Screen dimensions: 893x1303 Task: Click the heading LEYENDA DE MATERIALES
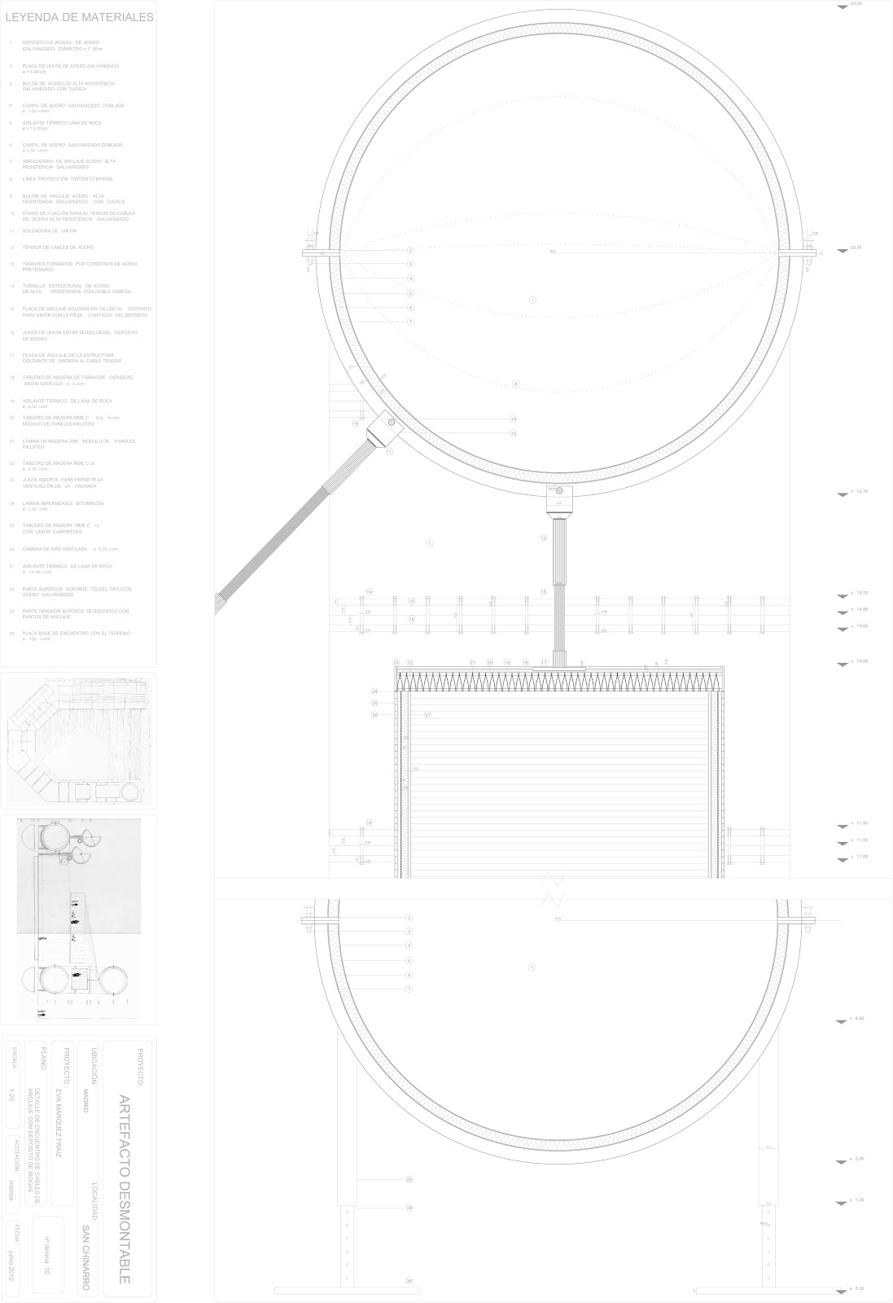[x=79, y=16]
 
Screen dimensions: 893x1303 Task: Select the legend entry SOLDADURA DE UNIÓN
[x=50, y=230]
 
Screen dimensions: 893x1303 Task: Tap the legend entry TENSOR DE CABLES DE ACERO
[x=58, y=247]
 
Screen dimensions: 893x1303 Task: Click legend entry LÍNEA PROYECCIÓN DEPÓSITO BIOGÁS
[x=67, y=178]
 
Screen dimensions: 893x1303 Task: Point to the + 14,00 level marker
[x=858, y=662]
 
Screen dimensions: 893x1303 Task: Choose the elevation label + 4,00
[x=856, y=1019]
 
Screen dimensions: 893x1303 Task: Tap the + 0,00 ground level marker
[x=856, y=1288]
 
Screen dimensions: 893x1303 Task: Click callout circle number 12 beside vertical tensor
[x=544, y=538]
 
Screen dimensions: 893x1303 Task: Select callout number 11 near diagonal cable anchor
[x=389, y=451]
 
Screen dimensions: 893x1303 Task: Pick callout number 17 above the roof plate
[x=544, y=663]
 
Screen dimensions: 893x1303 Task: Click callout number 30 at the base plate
[x=409, y=1281]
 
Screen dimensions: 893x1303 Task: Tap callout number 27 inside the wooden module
[x=427, y=714]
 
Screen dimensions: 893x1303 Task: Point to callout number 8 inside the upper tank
[x=515, y=384]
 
